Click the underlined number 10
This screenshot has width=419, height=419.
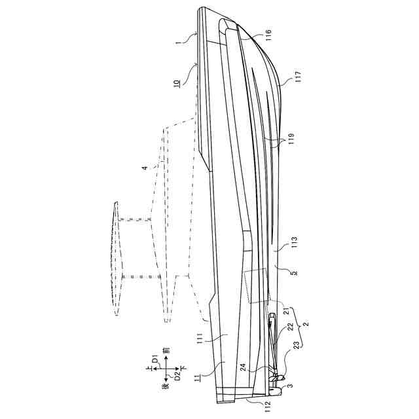(x=177, y=83)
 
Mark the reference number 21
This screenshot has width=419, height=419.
(x=287, y=310)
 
